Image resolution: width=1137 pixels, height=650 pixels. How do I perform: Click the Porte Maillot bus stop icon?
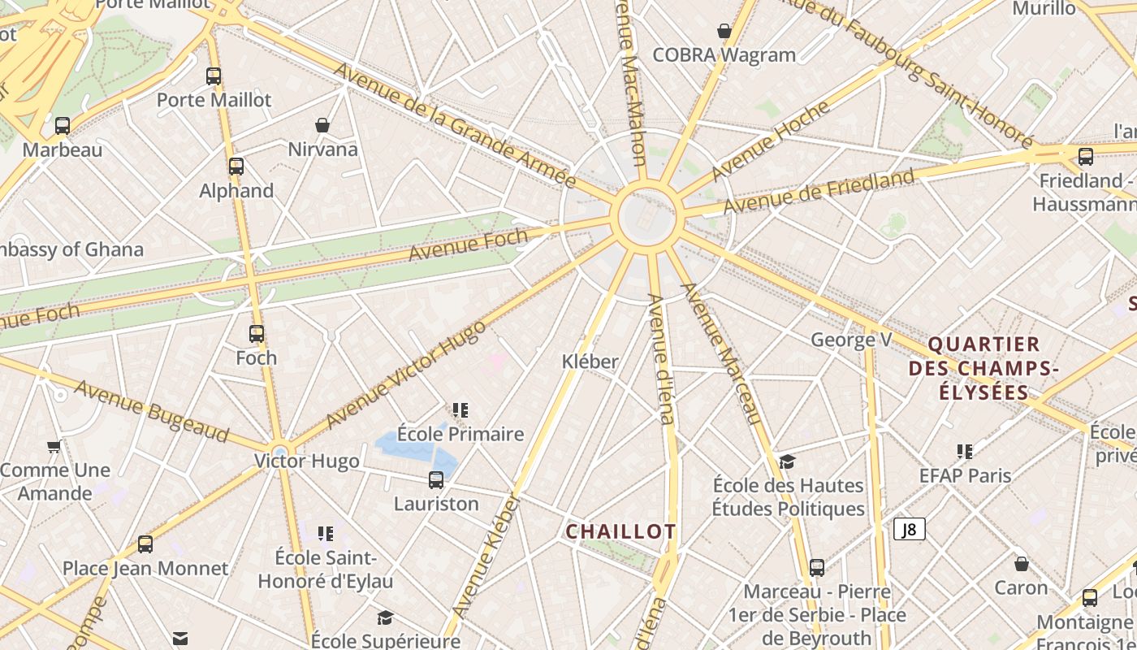214,76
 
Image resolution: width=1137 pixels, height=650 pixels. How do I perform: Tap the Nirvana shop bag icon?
322,125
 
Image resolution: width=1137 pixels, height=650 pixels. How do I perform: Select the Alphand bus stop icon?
236,167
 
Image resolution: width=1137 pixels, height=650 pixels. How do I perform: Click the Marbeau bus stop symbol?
63,126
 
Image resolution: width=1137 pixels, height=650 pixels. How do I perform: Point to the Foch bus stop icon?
257,334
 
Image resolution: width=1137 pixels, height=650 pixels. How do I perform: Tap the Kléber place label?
590,362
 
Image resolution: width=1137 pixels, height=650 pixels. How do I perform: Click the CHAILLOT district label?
620,531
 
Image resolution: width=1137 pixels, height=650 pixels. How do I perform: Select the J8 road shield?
910,530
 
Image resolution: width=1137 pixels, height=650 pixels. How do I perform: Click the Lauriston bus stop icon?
436,480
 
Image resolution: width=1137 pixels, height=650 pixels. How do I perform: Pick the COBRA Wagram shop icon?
724,32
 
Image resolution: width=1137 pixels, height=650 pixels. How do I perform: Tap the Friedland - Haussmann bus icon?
1086,156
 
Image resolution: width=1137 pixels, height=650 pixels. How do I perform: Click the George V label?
851,340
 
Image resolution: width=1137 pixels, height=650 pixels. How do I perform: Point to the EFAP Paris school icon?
965,452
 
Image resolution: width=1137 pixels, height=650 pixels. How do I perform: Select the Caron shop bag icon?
1022,563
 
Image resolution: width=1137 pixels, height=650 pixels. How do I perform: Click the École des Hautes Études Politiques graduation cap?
787,461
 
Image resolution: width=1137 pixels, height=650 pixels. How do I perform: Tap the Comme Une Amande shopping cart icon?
54,446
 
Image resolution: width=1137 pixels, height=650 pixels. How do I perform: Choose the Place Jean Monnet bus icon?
145,544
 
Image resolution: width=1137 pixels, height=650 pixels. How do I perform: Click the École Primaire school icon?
460,410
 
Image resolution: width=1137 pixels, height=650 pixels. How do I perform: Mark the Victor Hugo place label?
307,461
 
